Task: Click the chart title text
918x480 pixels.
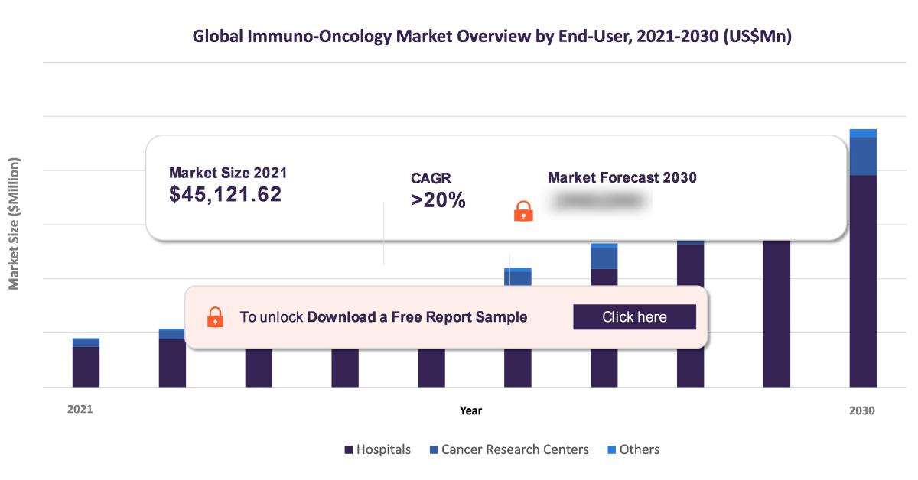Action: (491, 37)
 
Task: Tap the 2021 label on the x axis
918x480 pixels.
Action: (80, 410)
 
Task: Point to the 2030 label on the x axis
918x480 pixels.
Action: (862, 410)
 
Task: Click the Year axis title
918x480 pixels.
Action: (470, 410)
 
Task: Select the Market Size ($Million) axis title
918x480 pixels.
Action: (14, 224)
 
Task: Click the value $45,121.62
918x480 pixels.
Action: (225, 195)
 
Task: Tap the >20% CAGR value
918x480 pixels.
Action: (438, 201)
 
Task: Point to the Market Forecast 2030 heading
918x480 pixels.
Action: (622, 178)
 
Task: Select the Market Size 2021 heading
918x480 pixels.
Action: (228, 173)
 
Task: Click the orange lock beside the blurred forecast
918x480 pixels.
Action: (523, 211)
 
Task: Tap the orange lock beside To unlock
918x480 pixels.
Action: (216, 317)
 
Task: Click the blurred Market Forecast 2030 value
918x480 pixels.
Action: (601, 201)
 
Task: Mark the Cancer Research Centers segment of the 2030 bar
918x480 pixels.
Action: (863, 156)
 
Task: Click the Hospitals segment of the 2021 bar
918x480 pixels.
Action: (86, 367)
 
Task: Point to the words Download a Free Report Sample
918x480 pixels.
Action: (417, 317)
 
